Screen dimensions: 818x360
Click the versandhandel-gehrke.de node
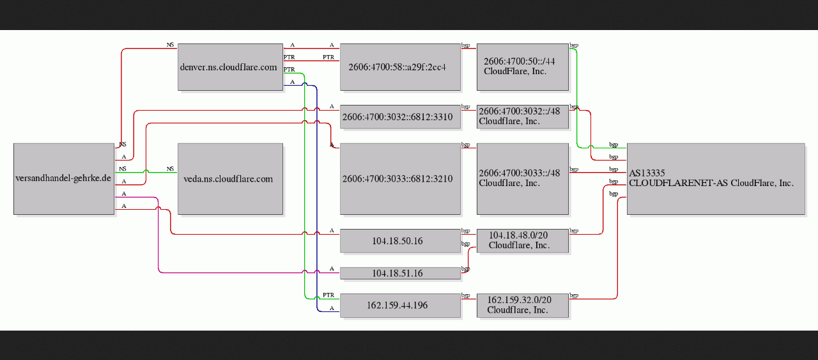pos(64,178)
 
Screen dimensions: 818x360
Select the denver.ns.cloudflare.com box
pos(231,67)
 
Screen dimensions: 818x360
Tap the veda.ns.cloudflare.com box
pos(231,178)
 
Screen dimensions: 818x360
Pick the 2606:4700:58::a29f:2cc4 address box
pos(400,67)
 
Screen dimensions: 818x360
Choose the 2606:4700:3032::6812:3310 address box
pos(400,117)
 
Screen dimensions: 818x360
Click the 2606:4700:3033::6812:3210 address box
pos(400,178)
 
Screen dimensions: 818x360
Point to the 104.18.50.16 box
pos(400,241)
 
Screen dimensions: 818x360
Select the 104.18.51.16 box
pos(400,274)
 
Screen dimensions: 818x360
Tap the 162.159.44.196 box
pos(400,306)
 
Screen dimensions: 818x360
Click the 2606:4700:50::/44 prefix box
pos(523,67)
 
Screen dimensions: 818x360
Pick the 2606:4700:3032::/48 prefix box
pos(523,117)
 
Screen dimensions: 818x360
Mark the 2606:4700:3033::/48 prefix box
pos(523,178)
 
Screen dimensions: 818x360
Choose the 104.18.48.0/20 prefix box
pos(523,241)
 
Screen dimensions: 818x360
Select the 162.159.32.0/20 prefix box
pos(523,306)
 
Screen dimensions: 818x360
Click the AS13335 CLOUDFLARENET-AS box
pos(716,178)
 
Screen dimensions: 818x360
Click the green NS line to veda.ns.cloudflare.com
pos(146,172)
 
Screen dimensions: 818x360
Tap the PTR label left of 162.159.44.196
pos(328,295)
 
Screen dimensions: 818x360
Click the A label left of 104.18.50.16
pos(332,231)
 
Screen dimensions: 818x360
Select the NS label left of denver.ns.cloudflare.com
pos(170,45)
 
